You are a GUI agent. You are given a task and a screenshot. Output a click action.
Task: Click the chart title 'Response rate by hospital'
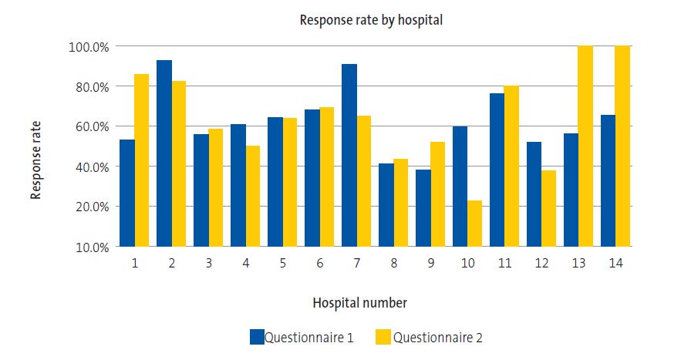coord(371,20)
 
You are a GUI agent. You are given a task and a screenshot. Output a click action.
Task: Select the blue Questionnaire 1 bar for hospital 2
coord(164,153)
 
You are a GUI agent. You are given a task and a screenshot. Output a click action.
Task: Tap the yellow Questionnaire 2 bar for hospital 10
coord(474,224)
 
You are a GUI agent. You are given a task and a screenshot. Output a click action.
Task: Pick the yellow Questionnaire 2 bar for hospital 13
coord(585,146)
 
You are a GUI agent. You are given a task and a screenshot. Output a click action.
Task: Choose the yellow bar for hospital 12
coord(548,208)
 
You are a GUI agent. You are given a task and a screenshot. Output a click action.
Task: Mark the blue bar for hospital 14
coord(608,180)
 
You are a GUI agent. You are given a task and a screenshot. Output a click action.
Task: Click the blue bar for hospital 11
coord(497,170)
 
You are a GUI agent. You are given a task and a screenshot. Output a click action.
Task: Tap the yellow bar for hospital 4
coord(252,196)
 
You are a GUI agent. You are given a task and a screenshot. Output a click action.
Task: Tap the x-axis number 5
coord(282,263)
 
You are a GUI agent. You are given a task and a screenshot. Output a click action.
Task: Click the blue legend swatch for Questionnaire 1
coord(257,337)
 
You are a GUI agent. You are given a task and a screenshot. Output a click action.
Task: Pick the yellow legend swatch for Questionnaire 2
coord(383,337)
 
